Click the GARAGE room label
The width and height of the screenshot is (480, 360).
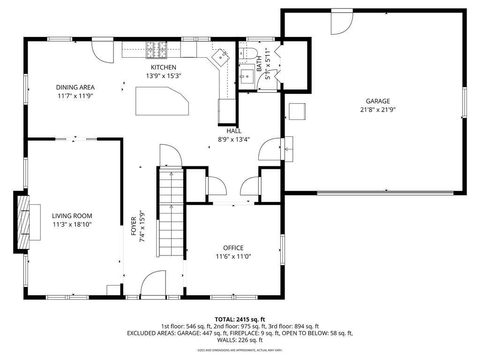pos(378,101)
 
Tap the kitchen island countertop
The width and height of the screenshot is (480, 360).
pos(162,101)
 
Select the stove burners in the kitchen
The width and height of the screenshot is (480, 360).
pos(157,50)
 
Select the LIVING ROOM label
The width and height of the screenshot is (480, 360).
pos(72,216)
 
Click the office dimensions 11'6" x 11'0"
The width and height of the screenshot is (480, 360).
pos(233,256)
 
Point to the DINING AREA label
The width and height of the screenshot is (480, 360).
pos(75,88)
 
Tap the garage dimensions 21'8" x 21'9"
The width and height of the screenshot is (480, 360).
pos(378,110)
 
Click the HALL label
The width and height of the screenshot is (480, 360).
pos(234,131)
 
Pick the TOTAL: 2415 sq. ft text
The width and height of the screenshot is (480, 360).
pos(240,320)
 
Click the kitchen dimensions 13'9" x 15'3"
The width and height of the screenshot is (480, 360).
pos(164,76)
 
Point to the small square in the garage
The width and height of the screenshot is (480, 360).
pos(297,112)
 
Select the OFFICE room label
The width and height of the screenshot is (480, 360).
pos(233,248)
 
